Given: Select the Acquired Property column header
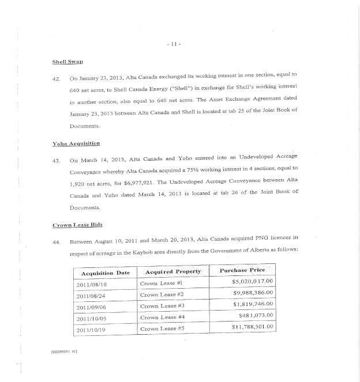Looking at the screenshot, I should [x=173, y=271].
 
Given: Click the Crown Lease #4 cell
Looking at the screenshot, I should [x=162, y=317].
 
